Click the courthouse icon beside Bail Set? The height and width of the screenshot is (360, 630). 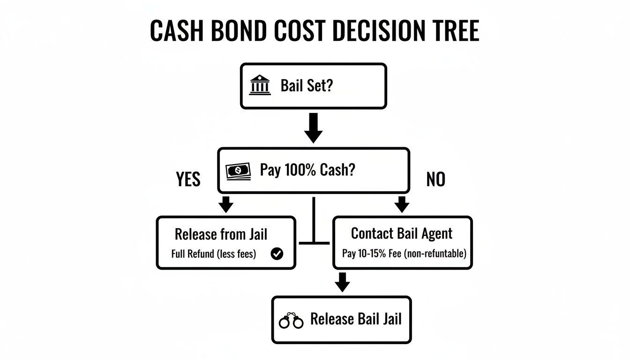point(260,86)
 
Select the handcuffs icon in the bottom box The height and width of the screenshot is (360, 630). point(291,321)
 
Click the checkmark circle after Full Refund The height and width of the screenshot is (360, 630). point(277,254)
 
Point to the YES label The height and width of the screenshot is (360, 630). point(188,179)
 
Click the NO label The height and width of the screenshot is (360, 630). point(435,179)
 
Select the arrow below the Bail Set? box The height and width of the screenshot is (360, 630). point(313,127)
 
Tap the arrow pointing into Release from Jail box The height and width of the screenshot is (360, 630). point(226,204)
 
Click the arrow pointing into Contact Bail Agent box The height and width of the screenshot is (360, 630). point(402,204)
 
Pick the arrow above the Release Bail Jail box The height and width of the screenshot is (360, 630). point(343,282)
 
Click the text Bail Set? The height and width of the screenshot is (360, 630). point(306,86)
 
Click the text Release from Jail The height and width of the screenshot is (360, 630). point(221,234)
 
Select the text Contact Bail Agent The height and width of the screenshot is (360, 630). point(402,233)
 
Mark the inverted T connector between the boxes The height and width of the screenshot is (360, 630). point(314,237)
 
